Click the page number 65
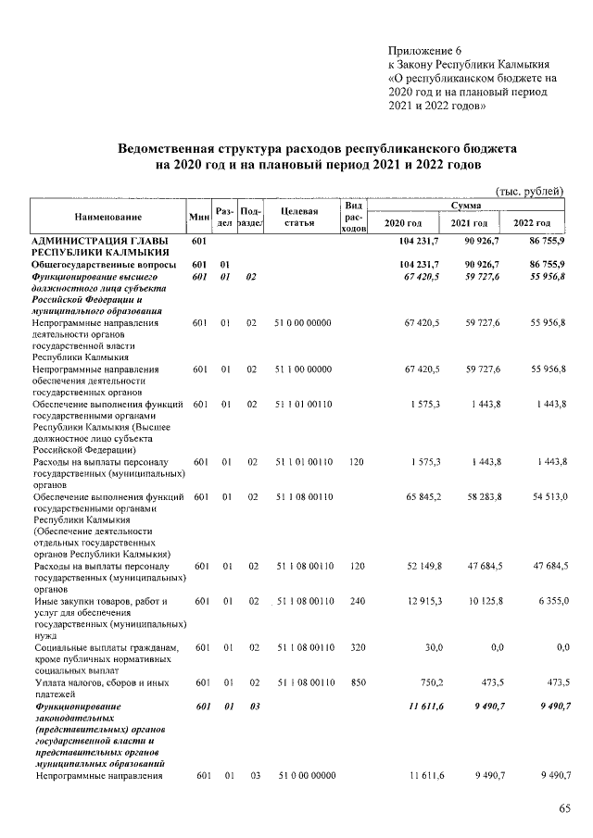(x=565, y=810)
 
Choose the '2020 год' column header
(x=403, y=224)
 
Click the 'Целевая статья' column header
(x=299, y=217)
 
